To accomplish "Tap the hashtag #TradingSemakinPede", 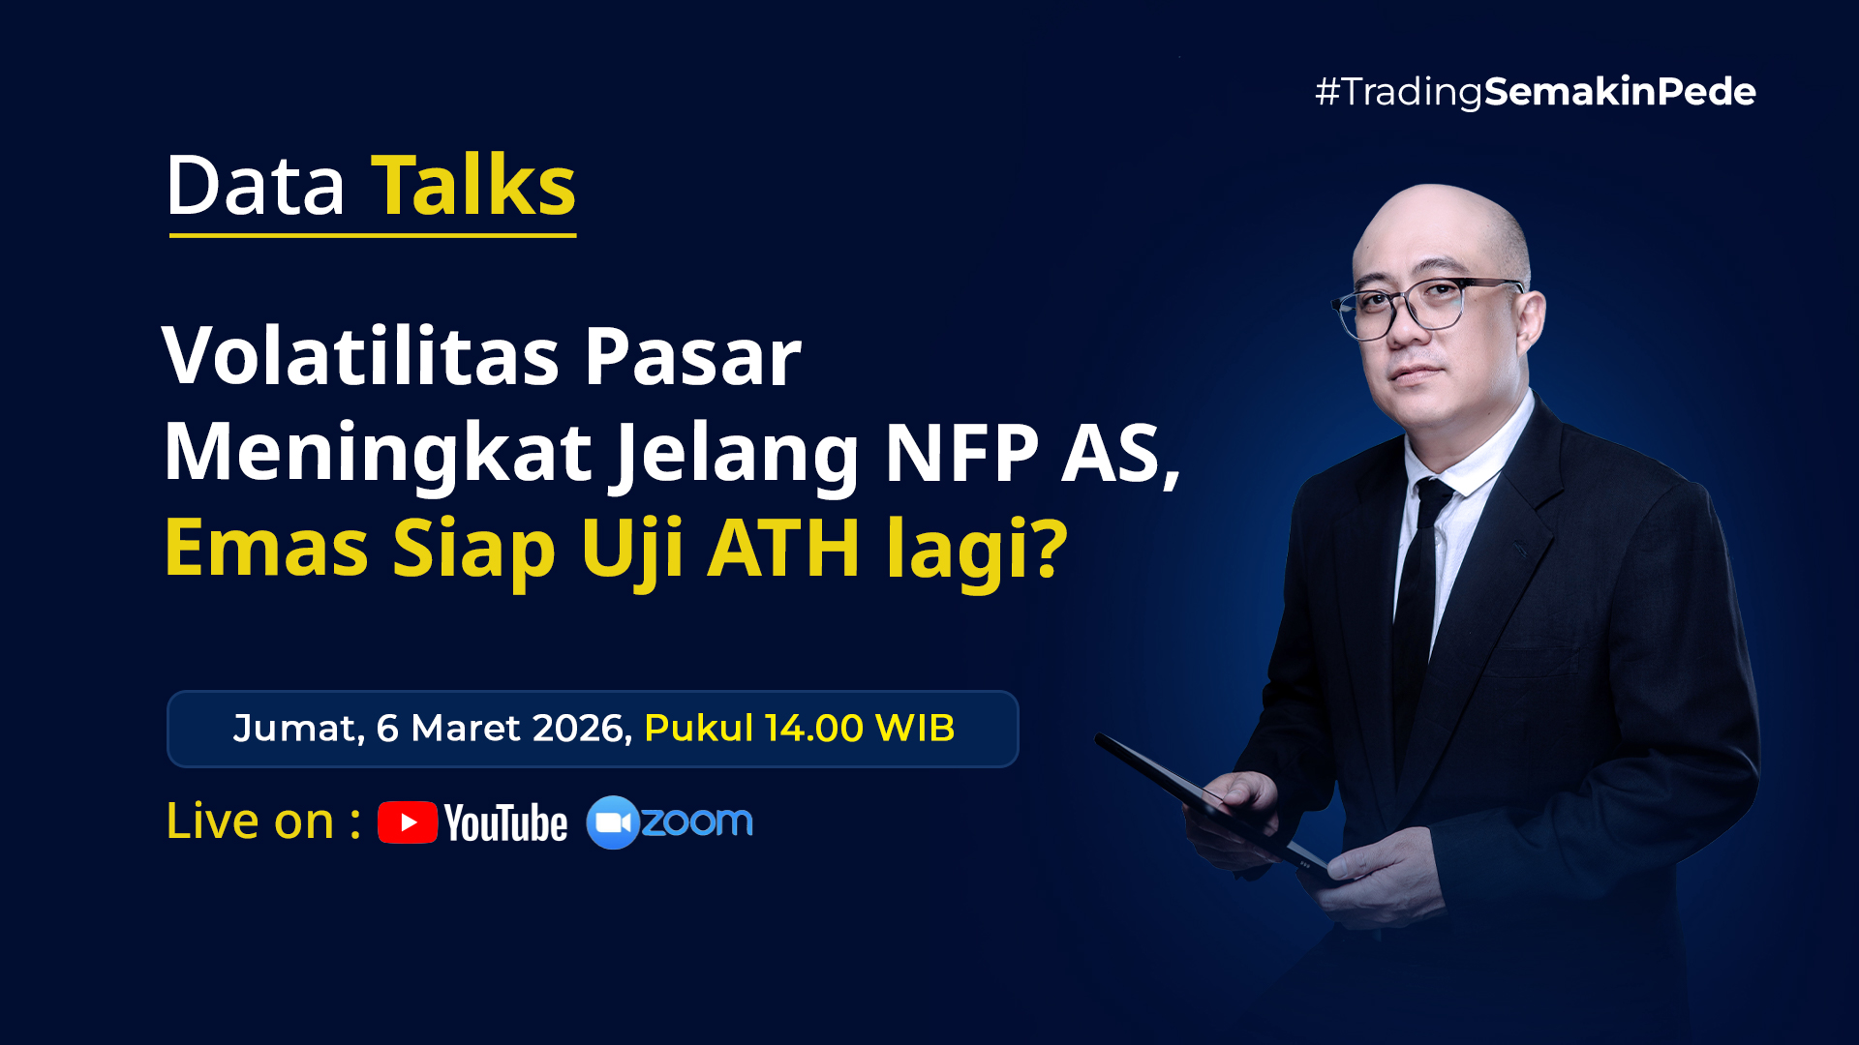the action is [x=1535, y=92].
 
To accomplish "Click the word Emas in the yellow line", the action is [x=266, y=548].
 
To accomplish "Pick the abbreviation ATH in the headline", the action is [x=783, y=548].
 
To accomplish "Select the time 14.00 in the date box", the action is [x=814, y=728].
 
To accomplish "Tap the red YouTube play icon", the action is [x=408, y=822].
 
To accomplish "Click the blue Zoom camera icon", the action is [x=613, y=822].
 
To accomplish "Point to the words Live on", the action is [x=250, y=821].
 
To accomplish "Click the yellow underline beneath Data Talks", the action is [x=373, y=234].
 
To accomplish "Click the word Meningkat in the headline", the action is [x=378, y=453].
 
